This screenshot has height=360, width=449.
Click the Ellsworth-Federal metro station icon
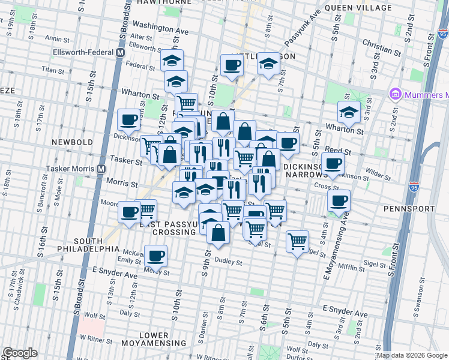[x=120, y=52]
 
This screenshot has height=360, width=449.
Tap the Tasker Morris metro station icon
[x=102, y=170]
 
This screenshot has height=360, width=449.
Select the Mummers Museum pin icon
[x=395, y=95]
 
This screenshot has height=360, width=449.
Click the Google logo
[x=20, y=353]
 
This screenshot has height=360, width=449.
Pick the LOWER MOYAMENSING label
[x=154, y=338]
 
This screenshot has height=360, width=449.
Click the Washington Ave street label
[x=160, y=28]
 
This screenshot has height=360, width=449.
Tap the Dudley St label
[x=228, y=262]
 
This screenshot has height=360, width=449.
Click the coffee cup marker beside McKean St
[x=157, y=256]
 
